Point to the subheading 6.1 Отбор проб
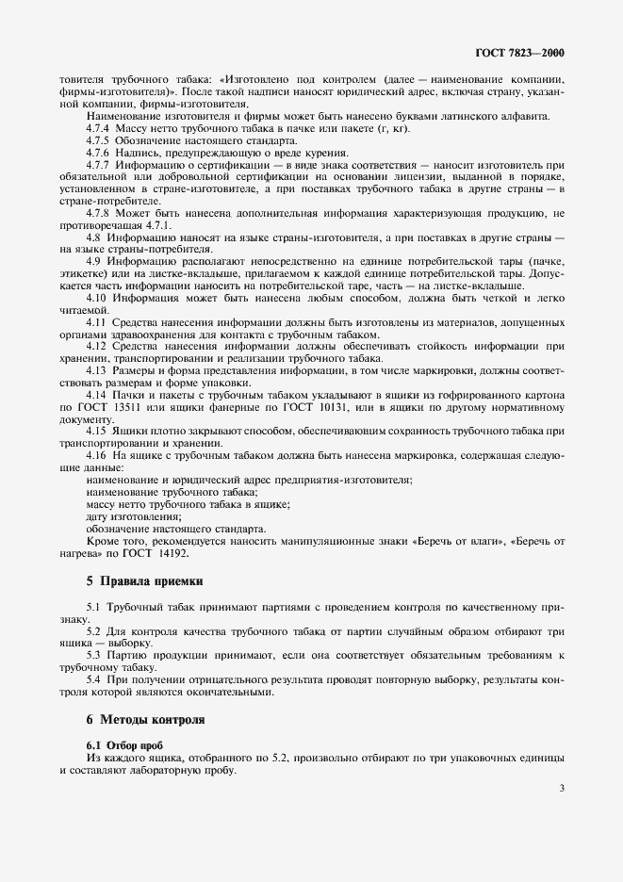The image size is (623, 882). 124,744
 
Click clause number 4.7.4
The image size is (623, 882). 98,128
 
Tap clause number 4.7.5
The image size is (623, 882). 98,140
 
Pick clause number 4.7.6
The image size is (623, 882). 98,153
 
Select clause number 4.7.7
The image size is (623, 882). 98,165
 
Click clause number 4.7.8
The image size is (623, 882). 98,214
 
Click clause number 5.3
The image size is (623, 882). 94,654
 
